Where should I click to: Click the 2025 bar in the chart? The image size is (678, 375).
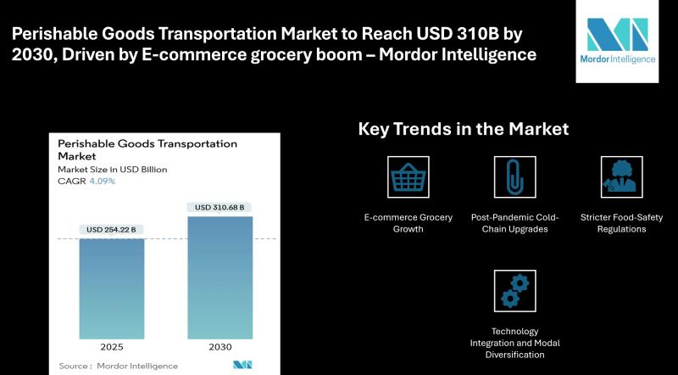tap(112, 288)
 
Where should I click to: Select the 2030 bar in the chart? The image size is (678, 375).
tap(220, 277)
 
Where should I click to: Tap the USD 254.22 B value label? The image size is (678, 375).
tap(111, 230)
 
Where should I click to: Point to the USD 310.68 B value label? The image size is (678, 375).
tap(220, 207)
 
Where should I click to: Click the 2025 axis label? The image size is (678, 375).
tap(112, 347)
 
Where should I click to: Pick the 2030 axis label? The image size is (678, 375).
tap(220, 347)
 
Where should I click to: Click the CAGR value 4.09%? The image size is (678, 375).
tap(103, 181)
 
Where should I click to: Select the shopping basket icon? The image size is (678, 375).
tap(408, 177)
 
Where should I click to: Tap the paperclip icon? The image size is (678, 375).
tap(515, 177)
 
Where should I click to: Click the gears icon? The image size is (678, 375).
tap(515, 291)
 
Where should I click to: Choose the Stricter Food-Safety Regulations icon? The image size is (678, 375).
tap(622, 177)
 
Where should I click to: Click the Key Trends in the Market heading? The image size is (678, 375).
tap(464, 129)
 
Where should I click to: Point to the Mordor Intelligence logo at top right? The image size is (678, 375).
tap(618, 41)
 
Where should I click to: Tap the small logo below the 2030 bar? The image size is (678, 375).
tap(242, 365)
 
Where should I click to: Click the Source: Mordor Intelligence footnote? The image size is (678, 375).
tap(118, 366)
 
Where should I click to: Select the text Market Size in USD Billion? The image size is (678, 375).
tap(113, 170)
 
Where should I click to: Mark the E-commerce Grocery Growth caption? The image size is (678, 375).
tap(408, 223)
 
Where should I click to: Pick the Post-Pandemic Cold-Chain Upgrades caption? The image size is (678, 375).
tap(515, 223)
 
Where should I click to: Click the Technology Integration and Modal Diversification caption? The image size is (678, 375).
tap(515, 343)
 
